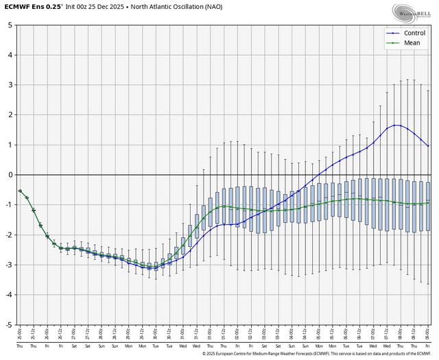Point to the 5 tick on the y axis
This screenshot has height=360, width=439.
click(x=10, y=25)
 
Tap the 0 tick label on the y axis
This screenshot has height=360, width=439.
click(x=10, y=175)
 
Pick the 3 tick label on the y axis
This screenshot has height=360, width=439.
click(x=10, y=85)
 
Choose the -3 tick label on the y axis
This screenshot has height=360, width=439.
click(x=8, y=265)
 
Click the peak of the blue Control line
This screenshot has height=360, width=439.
click(x=396, y=125)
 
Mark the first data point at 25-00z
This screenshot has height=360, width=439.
click(x=20, y=191)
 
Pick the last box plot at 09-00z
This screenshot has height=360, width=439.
click(x=428, y=206)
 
